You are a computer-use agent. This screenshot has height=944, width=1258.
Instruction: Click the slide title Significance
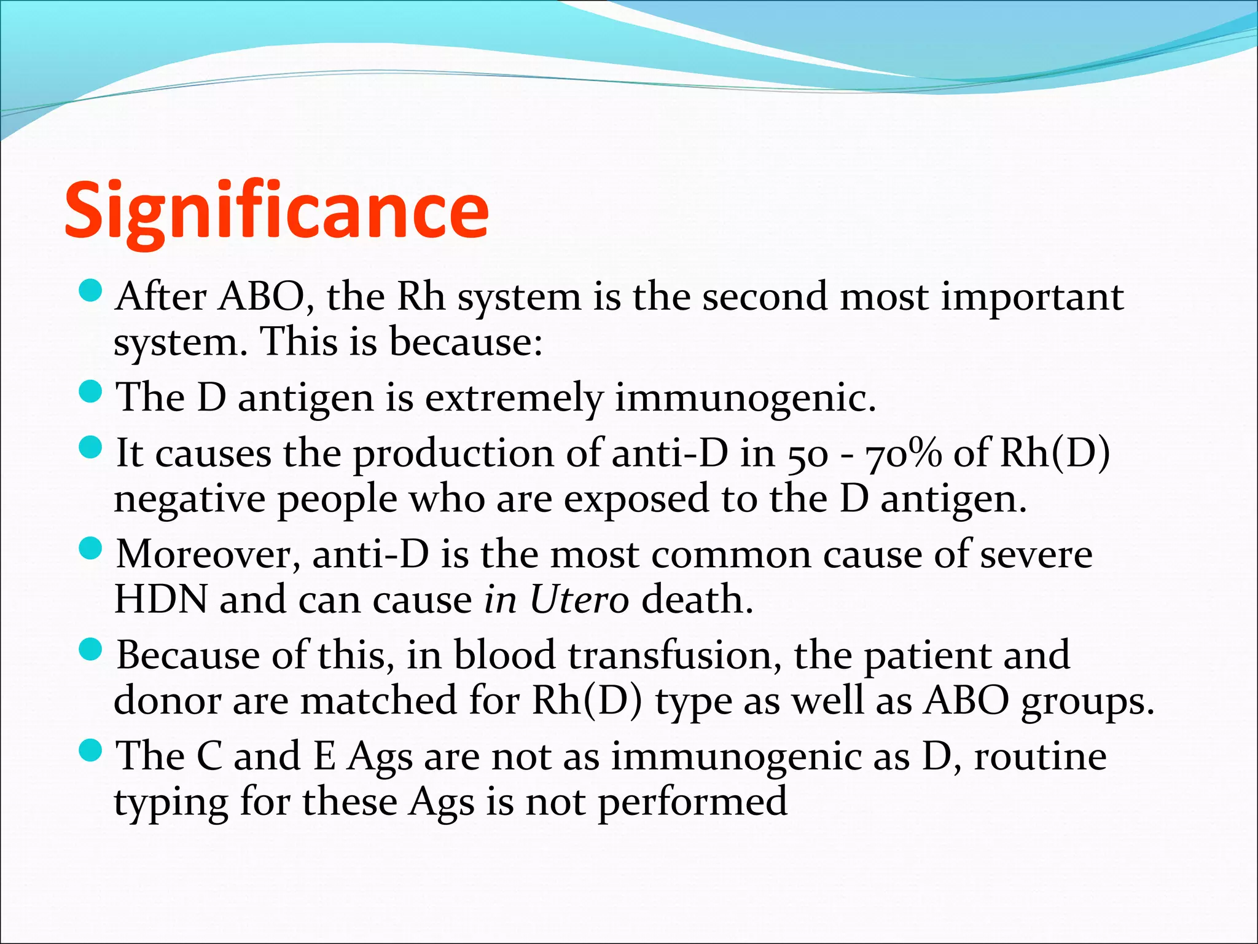pyautogui.click(x=276, y=211)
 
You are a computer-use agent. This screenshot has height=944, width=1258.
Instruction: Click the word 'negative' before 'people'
pyautogui.click(x=189, y=499)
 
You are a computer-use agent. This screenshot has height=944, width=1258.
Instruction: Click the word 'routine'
pyautogui.click(x=1040, y=756)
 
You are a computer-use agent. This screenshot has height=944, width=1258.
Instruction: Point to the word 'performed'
pyautogui.click(x=692, y=802)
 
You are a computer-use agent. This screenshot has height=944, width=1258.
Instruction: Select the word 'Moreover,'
pyautogui.click(x=208, y=554)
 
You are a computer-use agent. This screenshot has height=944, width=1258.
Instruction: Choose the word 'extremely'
pyautogui.click(x=514, y=399)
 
